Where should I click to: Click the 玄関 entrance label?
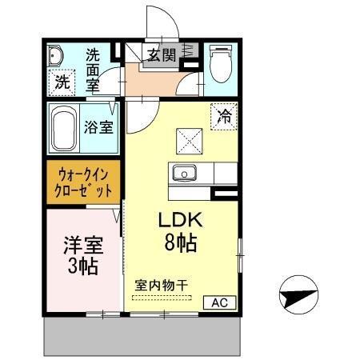pyautogui.click(x=162, y=54)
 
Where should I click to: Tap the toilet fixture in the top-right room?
pyautogui.click(x=218, y=62)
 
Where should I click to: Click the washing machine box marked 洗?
pyautogui.click(x=62, y=81)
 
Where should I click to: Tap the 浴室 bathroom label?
pyautogui.click(x=99, y=126)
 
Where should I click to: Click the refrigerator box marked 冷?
pyautogui.click(x=224, y=117)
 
